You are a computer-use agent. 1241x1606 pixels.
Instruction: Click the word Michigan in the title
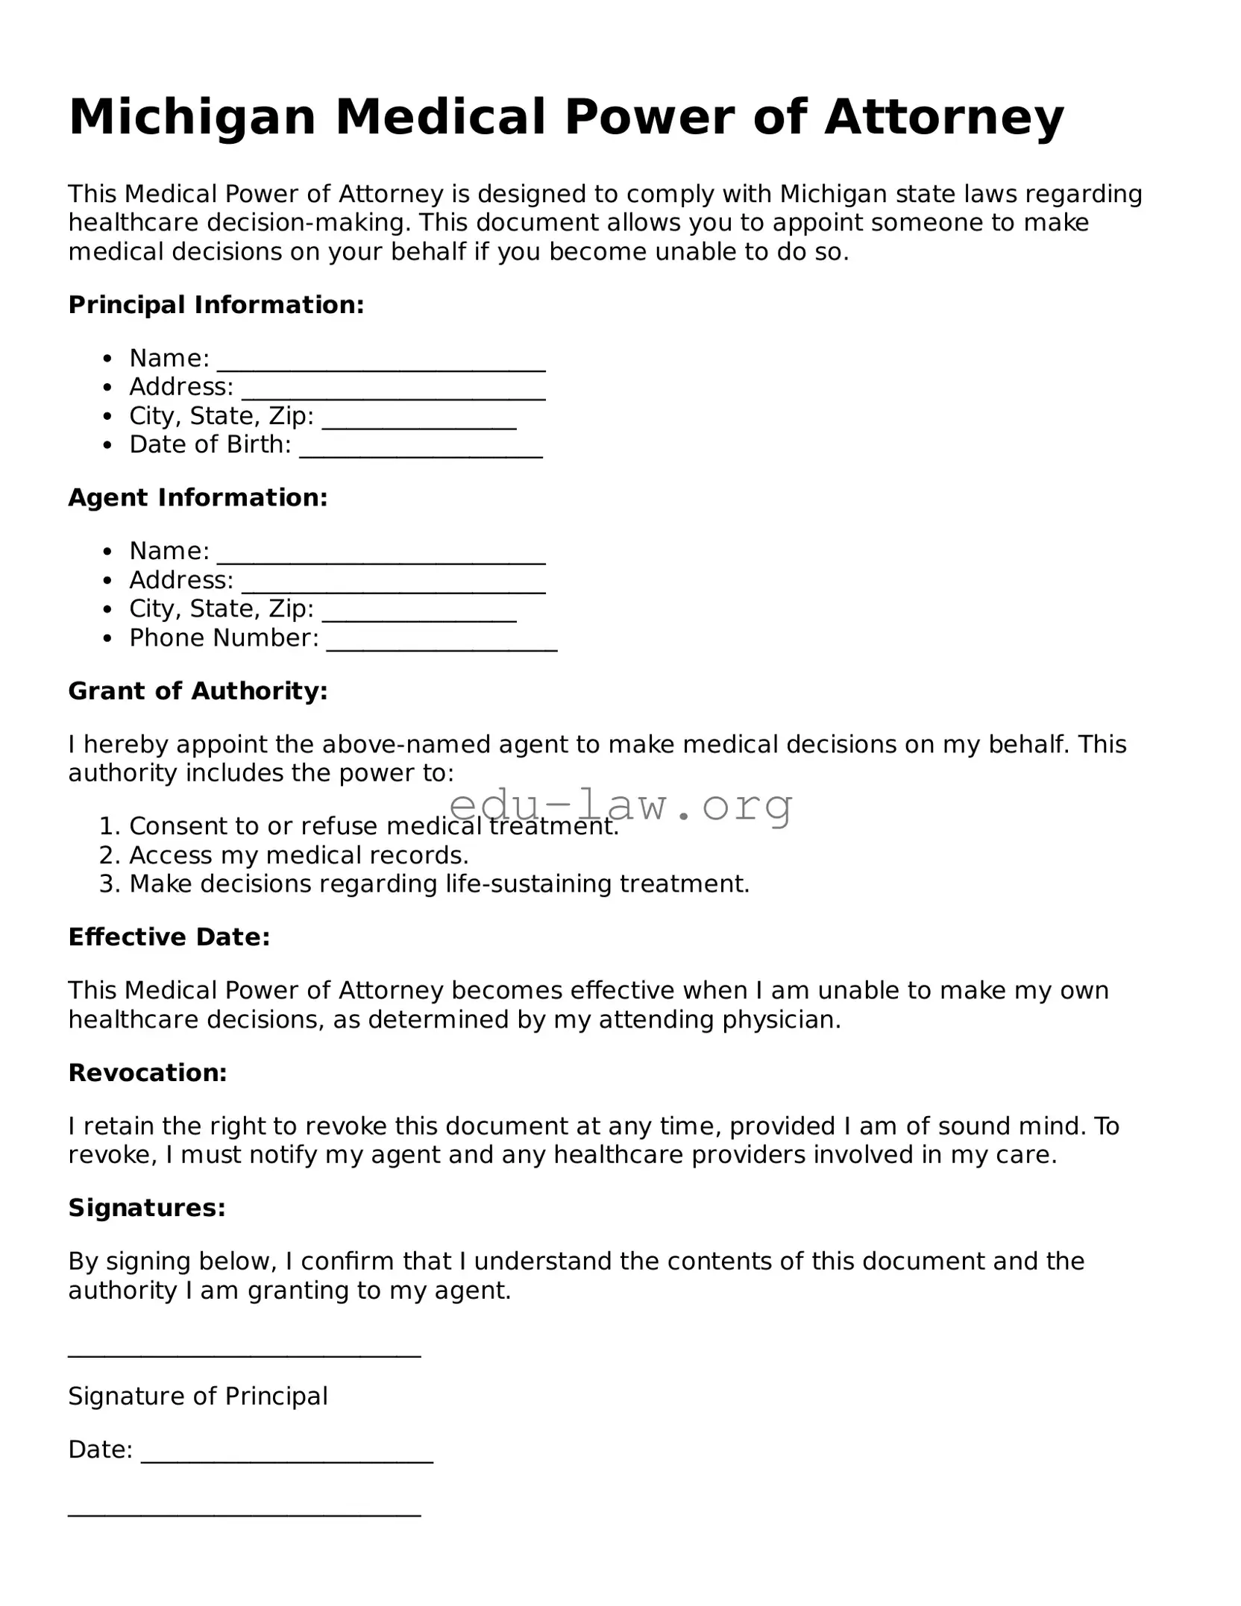coord(192,118)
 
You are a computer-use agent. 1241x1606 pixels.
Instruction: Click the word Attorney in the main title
coord(943,118)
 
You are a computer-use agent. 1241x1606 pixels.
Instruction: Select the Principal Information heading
coord(216,305)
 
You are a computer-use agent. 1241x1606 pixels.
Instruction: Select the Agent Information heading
coord(198,498)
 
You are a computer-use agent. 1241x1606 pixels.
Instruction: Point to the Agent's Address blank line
coord(394,586)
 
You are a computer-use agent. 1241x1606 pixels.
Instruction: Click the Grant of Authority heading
coord(198,691)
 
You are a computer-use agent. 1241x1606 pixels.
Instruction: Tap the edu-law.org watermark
coord(621,805)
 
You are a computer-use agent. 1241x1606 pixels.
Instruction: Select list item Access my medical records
coord(298,855)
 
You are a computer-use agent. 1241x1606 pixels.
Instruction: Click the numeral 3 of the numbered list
coord(109,884)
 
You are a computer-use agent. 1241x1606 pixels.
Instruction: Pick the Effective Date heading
coord(169,937)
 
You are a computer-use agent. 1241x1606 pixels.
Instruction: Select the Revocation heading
coord(148,1073)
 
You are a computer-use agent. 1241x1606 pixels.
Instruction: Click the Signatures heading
coord(147,1208)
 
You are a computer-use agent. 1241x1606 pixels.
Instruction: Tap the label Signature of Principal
coord(198,1396)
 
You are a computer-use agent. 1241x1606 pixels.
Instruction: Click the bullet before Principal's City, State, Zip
coord(109,417)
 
